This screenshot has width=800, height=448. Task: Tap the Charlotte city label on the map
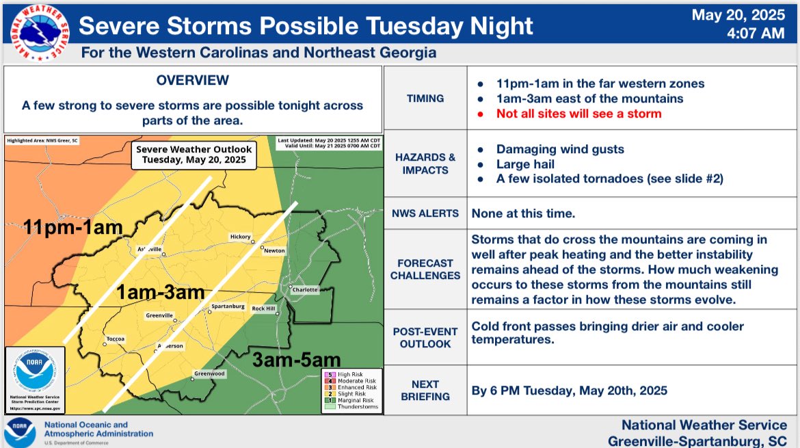click(x=305, y=289)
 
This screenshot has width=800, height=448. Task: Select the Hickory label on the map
click(x=240, y=237)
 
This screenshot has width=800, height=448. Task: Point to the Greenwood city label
click(x=209, y=373)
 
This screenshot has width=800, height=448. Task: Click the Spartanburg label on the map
click(x=228, y=306)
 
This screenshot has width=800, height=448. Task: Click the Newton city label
click(x=274, y=251)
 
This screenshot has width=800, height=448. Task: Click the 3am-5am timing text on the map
click(x=297, y=359)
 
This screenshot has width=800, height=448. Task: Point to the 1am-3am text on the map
click(x=160, y=293)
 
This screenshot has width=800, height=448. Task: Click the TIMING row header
click(x=425, y=98)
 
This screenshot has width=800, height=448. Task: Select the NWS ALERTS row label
click(x=425, y=213)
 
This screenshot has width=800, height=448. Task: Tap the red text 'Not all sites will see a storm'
click(x=578, y=114)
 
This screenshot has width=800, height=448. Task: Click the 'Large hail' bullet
click(x=525, y=163)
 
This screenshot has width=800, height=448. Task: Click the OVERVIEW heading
click(x=192, y=81)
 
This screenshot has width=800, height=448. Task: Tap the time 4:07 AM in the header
click(x=758, y=32)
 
